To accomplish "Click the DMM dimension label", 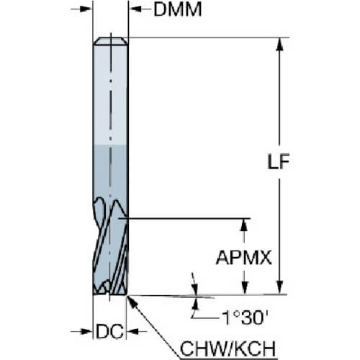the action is (178, 9).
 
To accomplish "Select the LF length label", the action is (279, 161).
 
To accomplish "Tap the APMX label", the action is (244, 258).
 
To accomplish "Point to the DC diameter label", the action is (110, 331).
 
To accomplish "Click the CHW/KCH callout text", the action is (228, 348).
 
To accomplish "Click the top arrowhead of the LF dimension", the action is (279, 44).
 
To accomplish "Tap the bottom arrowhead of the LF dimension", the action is (279, 287).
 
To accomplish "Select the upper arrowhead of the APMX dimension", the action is (244, 225).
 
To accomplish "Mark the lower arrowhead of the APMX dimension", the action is (244, 287).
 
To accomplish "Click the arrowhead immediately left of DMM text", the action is (135, 9).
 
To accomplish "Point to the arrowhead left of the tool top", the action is (86, 9).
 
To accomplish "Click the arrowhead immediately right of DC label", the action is (132, 332).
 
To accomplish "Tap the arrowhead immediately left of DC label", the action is (86, 332).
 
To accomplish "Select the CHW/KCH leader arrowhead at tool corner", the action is (132, 302).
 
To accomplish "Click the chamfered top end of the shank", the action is (110, 41).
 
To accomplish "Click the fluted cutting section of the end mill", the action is (110, 246).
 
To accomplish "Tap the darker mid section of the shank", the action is (110, 171).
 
